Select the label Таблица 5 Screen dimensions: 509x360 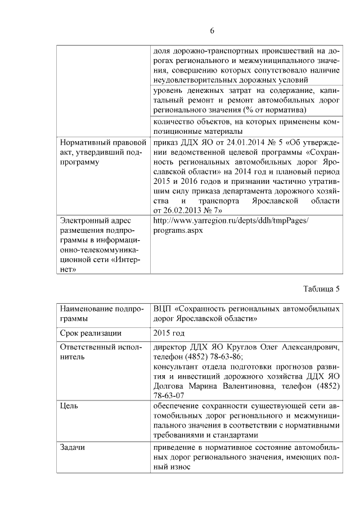point(321,290)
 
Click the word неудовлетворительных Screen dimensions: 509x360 point(198,80)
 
